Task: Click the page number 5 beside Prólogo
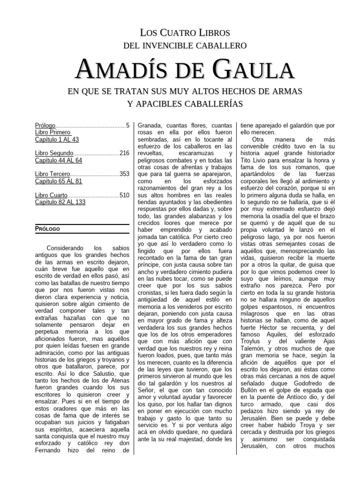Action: click(127, 126)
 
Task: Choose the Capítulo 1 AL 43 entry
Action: click(57, 139)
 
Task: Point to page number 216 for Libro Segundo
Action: click(124, 153)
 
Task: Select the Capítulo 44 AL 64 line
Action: click(59, 160)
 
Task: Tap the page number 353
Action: click(124, 174)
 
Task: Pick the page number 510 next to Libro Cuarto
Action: click(124, 195)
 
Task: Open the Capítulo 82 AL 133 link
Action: click(60, 201)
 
